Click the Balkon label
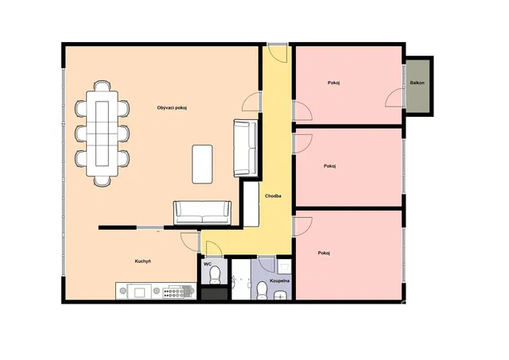click(417, 83)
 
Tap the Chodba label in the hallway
click(273, 195)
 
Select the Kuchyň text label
click(143, 261)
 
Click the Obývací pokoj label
click(172, 107)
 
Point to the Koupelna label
click(279, 281)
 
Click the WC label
click(208, 264)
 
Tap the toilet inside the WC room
click(215, 275)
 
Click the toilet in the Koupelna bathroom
click(262, 291)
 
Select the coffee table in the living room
click(202, 165)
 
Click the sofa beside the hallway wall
click(246, 148)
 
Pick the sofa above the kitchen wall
click(202, 212)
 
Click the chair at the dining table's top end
click(102, 86)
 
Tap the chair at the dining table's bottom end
click(102, 181)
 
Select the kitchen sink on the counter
click(140, 291)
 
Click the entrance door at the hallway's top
click(278, 53)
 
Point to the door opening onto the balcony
click(394, 98)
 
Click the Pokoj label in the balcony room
click(334, 83)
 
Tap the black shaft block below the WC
click(214, 294)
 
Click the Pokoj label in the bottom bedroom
click(324, 253)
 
